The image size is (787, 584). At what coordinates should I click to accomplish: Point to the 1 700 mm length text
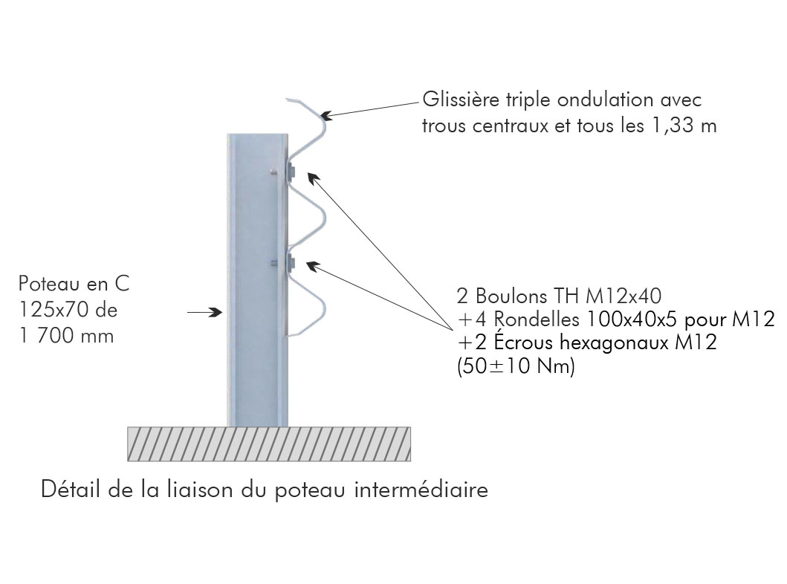67,336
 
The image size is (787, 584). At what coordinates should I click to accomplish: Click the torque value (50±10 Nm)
515,369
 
